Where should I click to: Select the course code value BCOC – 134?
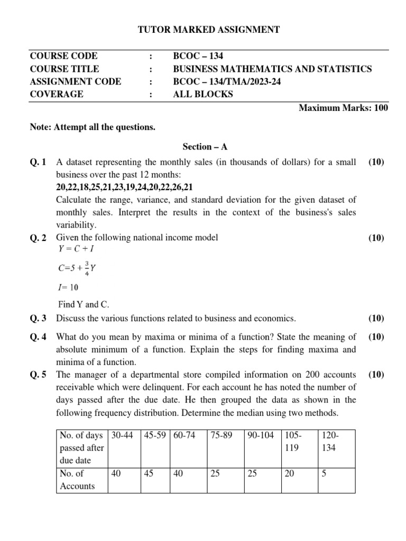click(202, 56)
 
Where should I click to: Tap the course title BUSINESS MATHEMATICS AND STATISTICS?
click(272, 69)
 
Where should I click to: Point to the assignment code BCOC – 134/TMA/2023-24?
click(228, 81)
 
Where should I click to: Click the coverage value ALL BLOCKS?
click(203, 94)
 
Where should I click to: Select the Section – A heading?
click(205, 146)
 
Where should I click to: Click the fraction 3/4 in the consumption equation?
click(79, 268)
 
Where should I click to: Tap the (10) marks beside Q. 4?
click(376, 337)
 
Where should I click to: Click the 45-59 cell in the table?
click(155, 435)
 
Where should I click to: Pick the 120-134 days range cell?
click(329, 441)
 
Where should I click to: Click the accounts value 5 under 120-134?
click(324, 474)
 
